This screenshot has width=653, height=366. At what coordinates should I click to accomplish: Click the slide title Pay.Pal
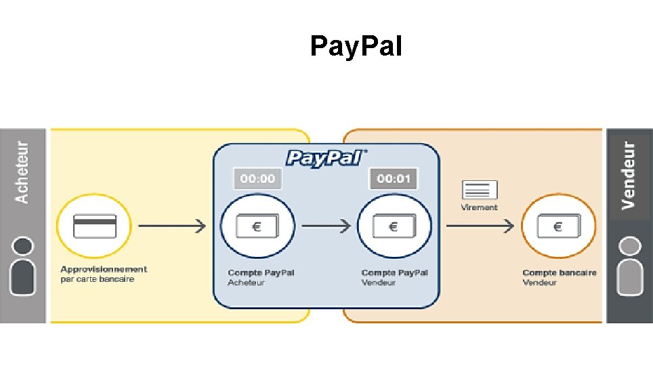356,47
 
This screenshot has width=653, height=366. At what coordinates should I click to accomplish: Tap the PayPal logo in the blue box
326,158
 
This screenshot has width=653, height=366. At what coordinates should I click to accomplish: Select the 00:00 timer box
258,178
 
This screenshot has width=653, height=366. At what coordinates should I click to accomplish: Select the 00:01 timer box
394,178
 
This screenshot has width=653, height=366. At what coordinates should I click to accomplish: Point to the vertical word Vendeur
629,174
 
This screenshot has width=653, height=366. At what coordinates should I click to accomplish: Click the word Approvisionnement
104,269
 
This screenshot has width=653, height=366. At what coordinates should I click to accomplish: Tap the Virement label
479,207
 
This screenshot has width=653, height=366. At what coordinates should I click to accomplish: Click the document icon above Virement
479,190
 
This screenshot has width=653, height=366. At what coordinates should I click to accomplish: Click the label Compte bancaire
559,272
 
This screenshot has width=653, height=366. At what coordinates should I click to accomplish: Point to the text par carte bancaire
98,279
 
